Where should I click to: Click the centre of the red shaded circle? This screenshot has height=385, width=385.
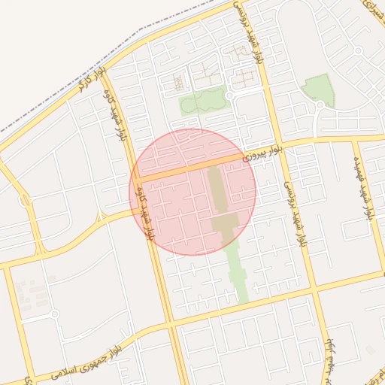click(192, 192)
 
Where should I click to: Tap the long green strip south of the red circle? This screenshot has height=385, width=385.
click(239, 271)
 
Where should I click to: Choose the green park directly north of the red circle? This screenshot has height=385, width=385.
click(202, 101)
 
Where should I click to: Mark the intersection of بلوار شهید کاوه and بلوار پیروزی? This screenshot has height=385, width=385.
click(136, 179)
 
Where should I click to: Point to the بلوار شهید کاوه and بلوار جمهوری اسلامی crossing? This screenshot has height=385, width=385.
click(169, 326)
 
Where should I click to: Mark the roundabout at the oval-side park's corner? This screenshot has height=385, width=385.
click(320, 105)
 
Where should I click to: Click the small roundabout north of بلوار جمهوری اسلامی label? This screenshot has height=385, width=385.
click(54, 314)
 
